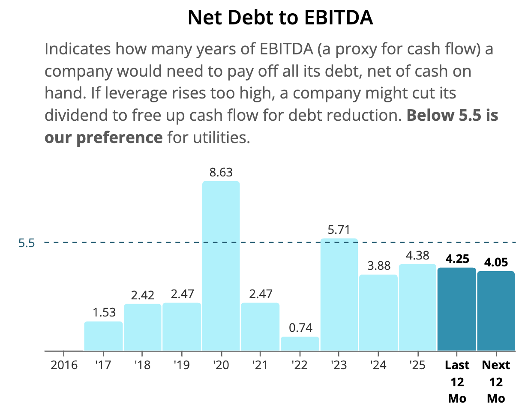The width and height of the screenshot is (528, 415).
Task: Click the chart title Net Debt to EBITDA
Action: coord(280,18)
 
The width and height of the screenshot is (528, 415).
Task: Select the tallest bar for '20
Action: coord(221,266)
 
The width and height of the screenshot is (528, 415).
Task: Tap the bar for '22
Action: coord(300,343)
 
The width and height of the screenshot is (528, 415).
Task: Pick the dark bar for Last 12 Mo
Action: coord(456,309)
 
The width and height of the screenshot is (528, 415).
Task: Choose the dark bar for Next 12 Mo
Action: coord(496,311)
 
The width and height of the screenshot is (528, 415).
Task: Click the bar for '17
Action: coord(103,336)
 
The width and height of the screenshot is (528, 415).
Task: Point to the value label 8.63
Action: coord(221,172)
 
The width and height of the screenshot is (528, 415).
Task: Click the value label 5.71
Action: coord(339,230)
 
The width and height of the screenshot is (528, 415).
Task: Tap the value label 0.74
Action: coord(300,328)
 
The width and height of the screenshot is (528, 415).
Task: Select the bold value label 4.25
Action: coord(457,259)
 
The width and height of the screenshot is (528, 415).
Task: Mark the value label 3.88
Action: coord(378,266)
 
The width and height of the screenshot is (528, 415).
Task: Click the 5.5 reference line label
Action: coord(27,243)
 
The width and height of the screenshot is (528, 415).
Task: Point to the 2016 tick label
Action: coord(64,365)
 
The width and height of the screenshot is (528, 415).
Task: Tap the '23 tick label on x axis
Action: coord(339,365)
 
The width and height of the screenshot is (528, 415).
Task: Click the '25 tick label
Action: coord(417,365)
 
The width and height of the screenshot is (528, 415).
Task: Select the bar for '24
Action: coord(378,313)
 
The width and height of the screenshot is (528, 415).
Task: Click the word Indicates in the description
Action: coord(78,49)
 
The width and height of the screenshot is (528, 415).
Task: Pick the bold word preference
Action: coord(120,137)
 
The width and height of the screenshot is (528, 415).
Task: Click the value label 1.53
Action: coord(104,312)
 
